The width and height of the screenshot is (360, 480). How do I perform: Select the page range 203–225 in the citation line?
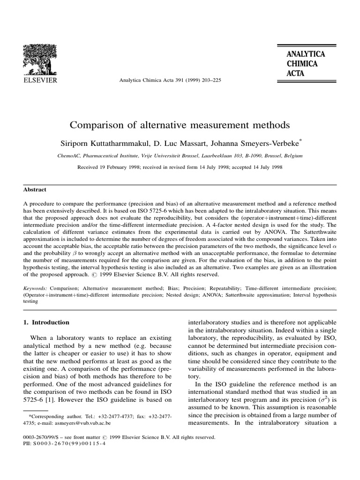click(x=210, y=80)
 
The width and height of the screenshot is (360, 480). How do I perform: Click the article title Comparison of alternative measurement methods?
click(x=180, y=125)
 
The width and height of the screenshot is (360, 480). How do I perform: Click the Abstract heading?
click(x=35, y=190)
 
